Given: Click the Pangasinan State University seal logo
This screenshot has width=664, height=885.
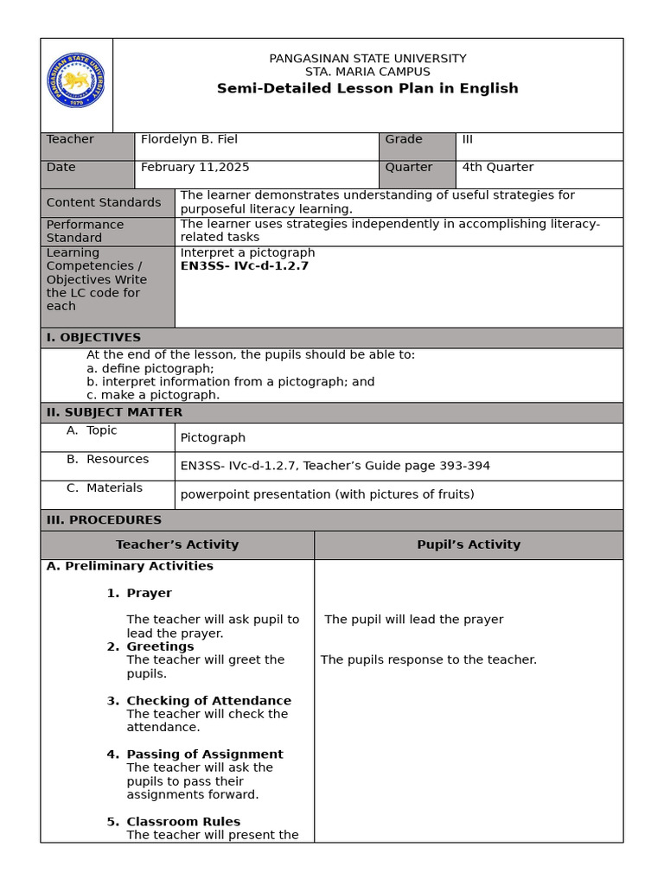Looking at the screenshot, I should pos(76,80).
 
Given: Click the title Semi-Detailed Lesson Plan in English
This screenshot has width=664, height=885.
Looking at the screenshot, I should pos(367,88).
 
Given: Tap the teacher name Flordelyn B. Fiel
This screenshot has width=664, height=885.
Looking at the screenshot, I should pos(189,139).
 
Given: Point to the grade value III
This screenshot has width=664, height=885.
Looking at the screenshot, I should pos(468,139).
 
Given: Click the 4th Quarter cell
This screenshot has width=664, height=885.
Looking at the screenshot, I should pos(497,167).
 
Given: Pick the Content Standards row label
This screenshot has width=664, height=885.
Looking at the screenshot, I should pos(104,202).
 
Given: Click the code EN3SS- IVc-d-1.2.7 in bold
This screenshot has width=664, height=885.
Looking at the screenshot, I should pos(244,266).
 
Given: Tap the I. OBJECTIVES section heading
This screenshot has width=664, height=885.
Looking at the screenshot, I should pos(93,337).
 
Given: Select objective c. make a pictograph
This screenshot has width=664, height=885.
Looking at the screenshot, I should pos(153,395).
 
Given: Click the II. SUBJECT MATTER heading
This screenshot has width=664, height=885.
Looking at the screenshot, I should pos(114,412).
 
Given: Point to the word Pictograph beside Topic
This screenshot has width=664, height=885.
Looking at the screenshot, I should pos(213,437).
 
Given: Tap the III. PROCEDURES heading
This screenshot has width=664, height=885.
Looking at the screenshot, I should pos(104,519).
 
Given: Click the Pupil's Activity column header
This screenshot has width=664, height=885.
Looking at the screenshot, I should pos(469,544).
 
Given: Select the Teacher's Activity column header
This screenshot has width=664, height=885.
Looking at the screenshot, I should pos(177,544).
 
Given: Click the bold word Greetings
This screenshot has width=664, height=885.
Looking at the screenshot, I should pos(160,646).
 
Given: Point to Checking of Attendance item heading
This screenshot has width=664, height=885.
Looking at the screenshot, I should pos(208,701).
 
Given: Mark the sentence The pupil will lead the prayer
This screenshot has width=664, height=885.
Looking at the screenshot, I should pos(413,620).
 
